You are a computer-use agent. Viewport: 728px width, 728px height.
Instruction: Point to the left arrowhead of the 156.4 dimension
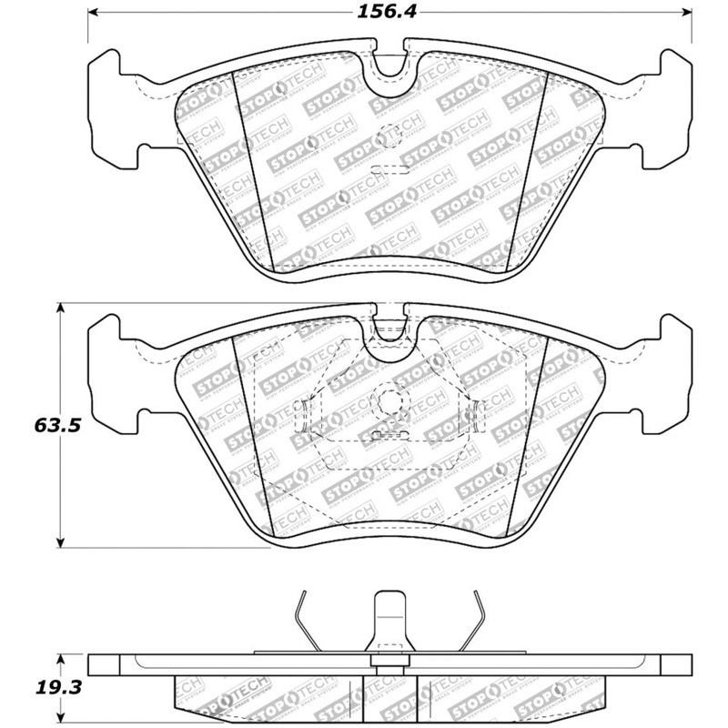94,15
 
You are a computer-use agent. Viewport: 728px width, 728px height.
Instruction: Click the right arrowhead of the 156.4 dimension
689,15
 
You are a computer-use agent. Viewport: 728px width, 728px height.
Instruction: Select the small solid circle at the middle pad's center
389,400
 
